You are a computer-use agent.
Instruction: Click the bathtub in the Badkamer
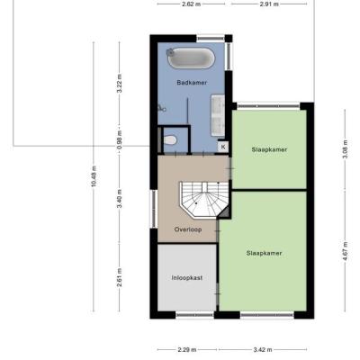coord(191,58)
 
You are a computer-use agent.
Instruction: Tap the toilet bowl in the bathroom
coord(170,140)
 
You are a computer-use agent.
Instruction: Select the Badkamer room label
coord(192,83)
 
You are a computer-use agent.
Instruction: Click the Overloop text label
coord(188,229)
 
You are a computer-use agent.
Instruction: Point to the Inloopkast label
coord(187,278)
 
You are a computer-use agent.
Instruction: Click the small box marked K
coord(223,147)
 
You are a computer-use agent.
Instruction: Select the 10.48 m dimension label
coord(94,176)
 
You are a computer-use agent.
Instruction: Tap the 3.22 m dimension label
coord(120,84)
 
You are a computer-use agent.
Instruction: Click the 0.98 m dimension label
coord(120,139)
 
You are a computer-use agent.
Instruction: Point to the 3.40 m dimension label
coord(120,199)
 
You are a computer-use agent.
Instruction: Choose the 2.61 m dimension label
coord(120,277)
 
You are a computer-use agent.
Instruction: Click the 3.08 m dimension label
coord(345,149)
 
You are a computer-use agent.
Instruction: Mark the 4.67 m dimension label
coord(345,251)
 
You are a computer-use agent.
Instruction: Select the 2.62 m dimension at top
coord(191,4)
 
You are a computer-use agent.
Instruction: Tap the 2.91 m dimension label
coord(269,4)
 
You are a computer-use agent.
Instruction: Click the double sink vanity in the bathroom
coord(218,115)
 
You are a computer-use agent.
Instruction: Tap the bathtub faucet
coord(170,52)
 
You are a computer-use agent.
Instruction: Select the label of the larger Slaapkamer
coord(264,254)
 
